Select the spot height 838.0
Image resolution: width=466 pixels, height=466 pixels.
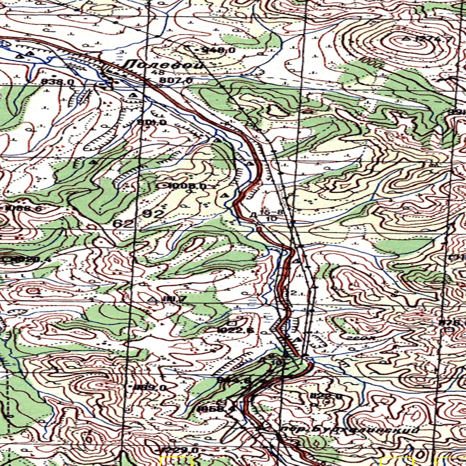[x=57, y=82]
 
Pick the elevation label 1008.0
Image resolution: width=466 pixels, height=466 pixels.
[x=187, y=186]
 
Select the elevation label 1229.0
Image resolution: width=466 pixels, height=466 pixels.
[x=180, y=450]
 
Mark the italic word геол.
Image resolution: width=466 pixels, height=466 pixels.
[x=364, y=338]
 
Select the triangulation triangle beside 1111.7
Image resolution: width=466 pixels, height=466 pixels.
[x=153, y=299]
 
